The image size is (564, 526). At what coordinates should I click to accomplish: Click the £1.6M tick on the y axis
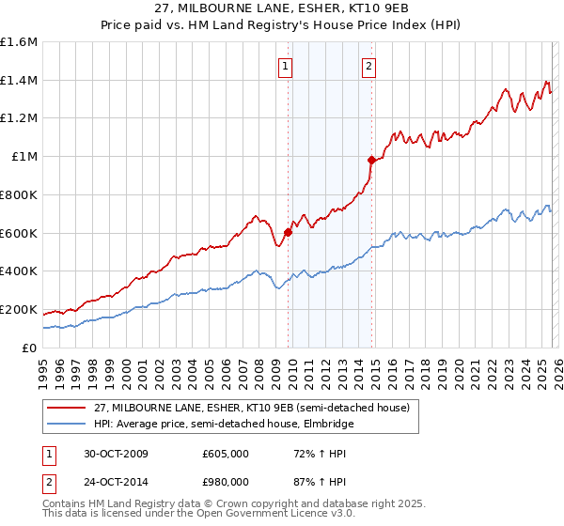[x=19, y=42]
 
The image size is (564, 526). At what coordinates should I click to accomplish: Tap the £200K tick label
[x=19, y=309]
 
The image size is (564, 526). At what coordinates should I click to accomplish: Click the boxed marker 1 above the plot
[x=285, y=66]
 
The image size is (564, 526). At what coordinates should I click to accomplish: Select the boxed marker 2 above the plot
[x=368, y=66]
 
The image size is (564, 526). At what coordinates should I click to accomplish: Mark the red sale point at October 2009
[x=288, y=232]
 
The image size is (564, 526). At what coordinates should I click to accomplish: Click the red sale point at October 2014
[x=371, y=160]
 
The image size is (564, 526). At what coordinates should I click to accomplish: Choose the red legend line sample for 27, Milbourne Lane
[x=67, y=409]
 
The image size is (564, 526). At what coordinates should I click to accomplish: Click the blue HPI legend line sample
[x=67, y=425]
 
